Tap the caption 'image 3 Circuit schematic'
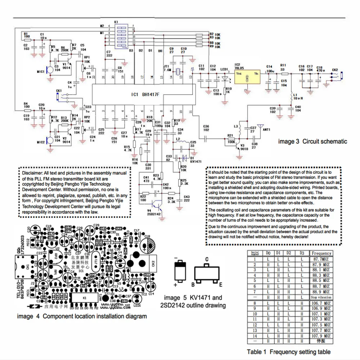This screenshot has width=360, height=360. (x=313, y=141)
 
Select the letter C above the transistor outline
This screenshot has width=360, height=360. (x=207, y=259)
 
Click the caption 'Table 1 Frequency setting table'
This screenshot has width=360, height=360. (x=288, y=352)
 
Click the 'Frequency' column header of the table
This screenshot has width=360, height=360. (x=321, y=253)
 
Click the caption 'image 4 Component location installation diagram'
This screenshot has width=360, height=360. (x=82, y=316)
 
